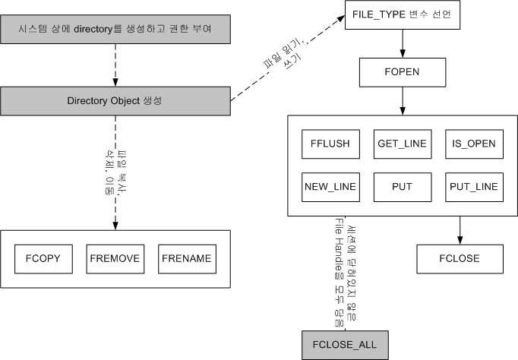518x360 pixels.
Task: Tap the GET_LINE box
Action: pos(401,142)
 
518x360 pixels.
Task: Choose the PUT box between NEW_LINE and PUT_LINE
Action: pos(401,186)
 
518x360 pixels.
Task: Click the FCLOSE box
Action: pos(459,258)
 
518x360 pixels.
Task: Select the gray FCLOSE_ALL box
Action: pos(345,345)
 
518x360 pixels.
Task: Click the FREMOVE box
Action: pos(115,259)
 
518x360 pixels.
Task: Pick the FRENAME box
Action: pos(186,259)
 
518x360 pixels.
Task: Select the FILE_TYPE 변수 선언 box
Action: pos(402,16)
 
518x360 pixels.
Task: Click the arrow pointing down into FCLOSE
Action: pos(459,230)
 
